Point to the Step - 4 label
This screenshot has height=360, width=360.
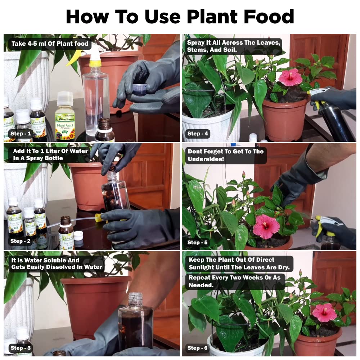click(198, 134)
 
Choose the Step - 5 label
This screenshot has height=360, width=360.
click(198, 242)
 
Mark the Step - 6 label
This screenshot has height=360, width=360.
click(198, 348)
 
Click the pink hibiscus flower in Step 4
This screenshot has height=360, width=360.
click(290, 77)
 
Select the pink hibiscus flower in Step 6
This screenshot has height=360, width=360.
click(324, 312)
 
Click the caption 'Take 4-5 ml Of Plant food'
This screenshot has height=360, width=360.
click(50, 44)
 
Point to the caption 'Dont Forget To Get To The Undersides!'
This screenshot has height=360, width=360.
click(225, 156)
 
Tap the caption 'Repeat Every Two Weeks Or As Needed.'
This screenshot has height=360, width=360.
click(236, 281)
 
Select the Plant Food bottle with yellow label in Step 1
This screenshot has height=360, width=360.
click(64, 117)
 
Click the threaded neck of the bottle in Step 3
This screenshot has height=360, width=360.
click(135, 299)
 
